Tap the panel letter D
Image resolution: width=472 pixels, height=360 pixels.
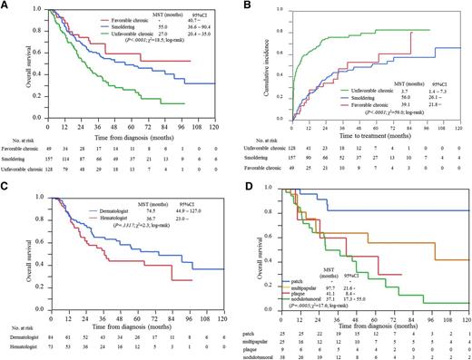pyautogui.click(x=248, y=185)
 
